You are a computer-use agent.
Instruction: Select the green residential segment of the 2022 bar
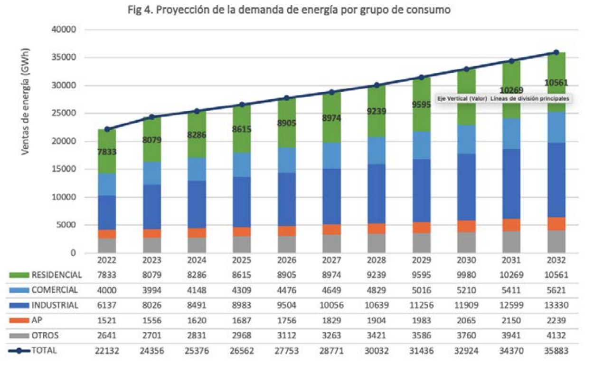[107, 138]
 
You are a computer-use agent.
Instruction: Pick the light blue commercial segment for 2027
[331, 155]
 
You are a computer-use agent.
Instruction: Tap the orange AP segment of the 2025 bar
[242, 231]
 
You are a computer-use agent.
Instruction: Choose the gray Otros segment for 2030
[466, 242]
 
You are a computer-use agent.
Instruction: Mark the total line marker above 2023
[152, 117]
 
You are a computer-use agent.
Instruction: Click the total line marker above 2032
[556, 52]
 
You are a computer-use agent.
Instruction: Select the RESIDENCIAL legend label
[57, 275]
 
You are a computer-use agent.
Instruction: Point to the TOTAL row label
[45, 351]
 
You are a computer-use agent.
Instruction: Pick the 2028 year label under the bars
[376, 260]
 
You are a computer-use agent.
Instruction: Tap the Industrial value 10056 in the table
[331, 305]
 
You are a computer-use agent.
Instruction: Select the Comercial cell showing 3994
[152, 290]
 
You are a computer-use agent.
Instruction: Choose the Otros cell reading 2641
[107, 336]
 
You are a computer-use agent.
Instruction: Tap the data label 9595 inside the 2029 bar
[421, 105]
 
